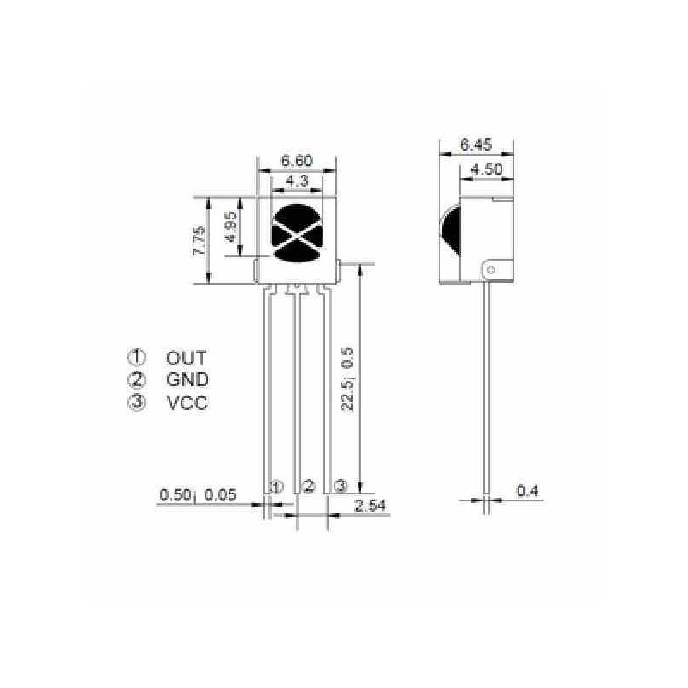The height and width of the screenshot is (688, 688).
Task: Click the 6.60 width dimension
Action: pyautogui.click(x=297, y=161)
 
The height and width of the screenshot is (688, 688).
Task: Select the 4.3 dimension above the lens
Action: pyautogui.click(x=297, y=181)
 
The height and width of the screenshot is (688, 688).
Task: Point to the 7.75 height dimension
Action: pyautogui.click(x=199, y=241)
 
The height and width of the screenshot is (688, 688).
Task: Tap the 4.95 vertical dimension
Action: pyautogui.click(x=230, y=227)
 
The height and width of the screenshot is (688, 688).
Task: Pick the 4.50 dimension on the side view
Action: pyautogui.click(x=487, y=169)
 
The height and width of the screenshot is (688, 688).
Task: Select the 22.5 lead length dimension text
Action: pyautogui.click(x=347, y=379)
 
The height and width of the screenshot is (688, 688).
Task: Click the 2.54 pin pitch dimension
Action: pyautogui.click(x=370, y=505)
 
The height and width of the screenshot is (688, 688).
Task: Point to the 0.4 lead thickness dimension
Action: pyautogui.click(x=527, y=491)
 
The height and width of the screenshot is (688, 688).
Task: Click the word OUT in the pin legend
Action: pyautogui.click(x=187, y=358)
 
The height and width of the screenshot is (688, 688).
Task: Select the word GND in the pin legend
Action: pyautogui.click(x=187, y=379)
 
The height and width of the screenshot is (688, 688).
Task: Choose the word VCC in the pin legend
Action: pyautogui.click(x=187, y=402)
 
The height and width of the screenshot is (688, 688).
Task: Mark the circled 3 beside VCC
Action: pyautogui.click(x=137, y=402)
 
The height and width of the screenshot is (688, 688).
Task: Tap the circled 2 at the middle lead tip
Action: pyautogui.click(x=309, y=487)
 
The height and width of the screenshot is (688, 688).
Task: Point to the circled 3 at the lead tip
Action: pyautogui.click(x=341, y=487)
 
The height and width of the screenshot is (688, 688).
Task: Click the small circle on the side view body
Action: pyautogui.click(x=491, y=270)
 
